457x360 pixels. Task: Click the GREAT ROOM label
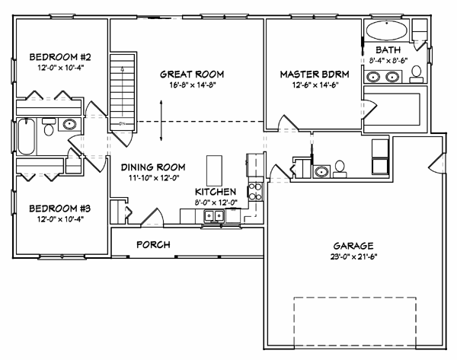[192, 75]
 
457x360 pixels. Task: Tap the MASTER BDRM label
[315, 75]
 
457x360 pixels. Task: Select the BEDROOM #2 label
[60, 57]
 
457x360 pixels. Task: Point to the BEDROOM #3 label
[60, 209]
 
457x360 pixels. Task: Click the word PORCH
[153, 244]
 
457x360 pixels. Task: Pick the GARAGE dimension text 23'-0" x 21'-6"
[353, 257]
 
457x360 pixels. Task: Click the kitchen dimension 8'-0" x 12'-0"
[216, 202]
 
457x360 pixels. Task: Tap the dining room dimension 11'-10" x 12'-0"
[154, 177]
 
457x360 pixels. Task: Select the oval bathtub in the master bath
[386, 30]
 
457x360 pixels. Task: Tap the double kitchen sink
[214, 216]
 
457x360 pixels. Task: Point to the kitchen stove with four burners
[255, 192]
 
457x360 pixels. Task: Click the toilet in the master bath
[417, 75]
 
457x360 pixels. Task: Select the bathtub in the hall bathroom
[26, 136]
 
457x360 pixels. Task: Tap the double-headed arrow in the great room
[161, 120]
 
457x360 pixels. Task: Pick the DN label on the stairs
[122, 124]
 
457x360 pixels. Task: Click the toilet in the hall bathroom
[49, 127]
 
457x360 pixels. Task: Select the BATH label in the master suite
[388, 50]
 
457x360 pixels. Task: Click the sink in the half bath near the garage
[321, 171]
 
